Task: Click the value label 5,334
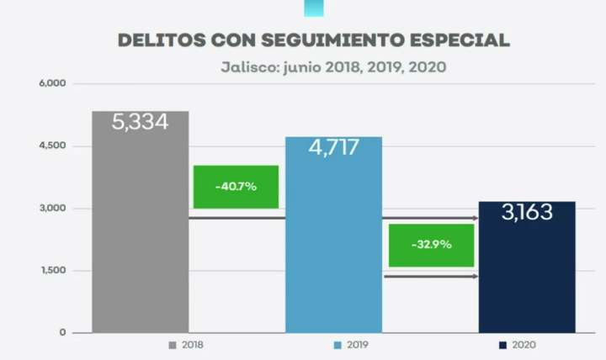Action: [x=140, y=122]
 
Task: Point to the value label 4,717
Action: [x=333, y=148]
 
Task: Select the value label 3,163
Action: [x=527, y=212]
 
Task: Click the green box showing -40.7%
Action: [x=236, y=187]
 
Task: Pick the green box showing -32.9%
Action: [x=431, y=245]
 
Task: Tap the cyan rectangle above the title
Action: [x=313, y=8]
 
